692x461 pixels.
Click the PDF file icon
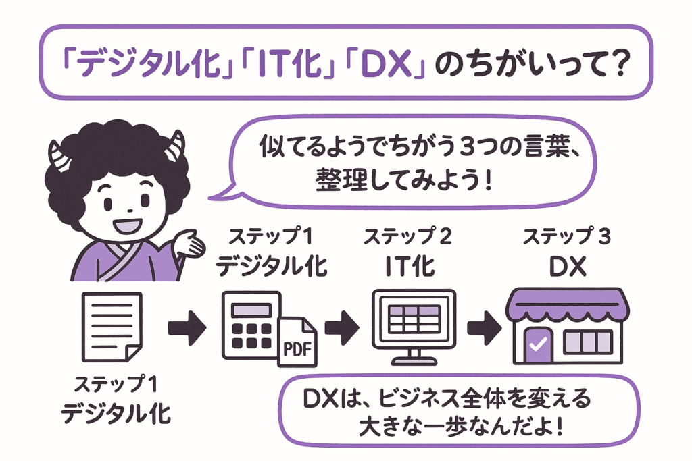[x=298, y=342]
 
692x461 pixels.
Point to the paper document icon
[x=111, y=327]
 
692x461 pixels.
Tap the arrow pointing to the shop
[x=485, y=328]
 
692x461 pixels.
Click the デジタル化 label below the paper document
[x=116, y=412]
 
